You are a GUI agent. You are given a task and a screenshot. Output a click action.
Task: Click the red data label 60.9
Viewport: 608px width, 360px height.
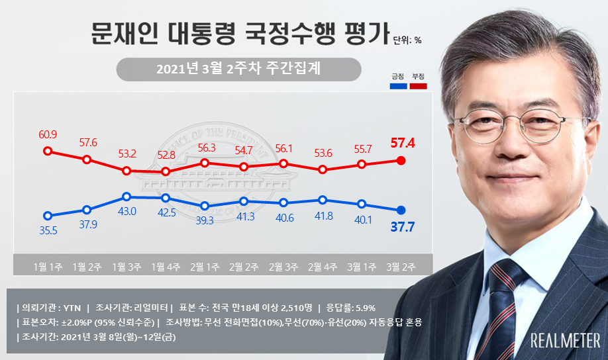point(48,135)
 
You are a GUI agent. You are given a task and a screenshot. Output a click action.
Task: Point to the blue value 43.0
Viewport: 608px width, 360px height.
point(127,211)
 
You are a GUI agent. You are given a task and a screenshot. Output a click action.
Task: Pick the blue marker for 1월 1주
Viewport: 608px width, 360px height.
point(48,215)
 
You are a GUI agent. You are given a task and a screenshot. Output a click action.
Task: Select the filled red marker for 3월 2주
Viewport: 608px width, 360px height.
point(401,160)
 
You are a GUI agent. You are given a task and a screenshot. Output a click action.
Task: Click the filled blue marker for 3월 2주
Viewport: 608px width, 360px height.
point(401,210)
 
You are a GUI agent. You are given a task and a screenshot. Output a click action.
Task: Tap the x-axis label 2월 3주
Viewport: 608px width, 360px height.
point(283,267)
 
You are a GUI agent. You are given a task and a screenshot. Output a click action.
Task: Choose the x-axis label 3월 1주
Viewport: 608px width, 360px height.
point(362,267)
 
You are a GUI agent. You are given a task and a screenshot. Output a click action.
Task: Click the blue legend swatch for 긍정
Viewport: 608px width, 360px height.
point(398,86)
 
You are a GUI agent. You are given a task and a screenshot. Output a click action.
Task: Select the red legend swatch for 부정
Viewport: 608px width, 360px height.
point(418,86)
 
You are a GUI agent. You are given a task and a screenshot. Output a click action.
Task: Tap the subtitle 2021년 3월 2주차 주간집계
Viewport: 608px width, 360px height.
point(238,69)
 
